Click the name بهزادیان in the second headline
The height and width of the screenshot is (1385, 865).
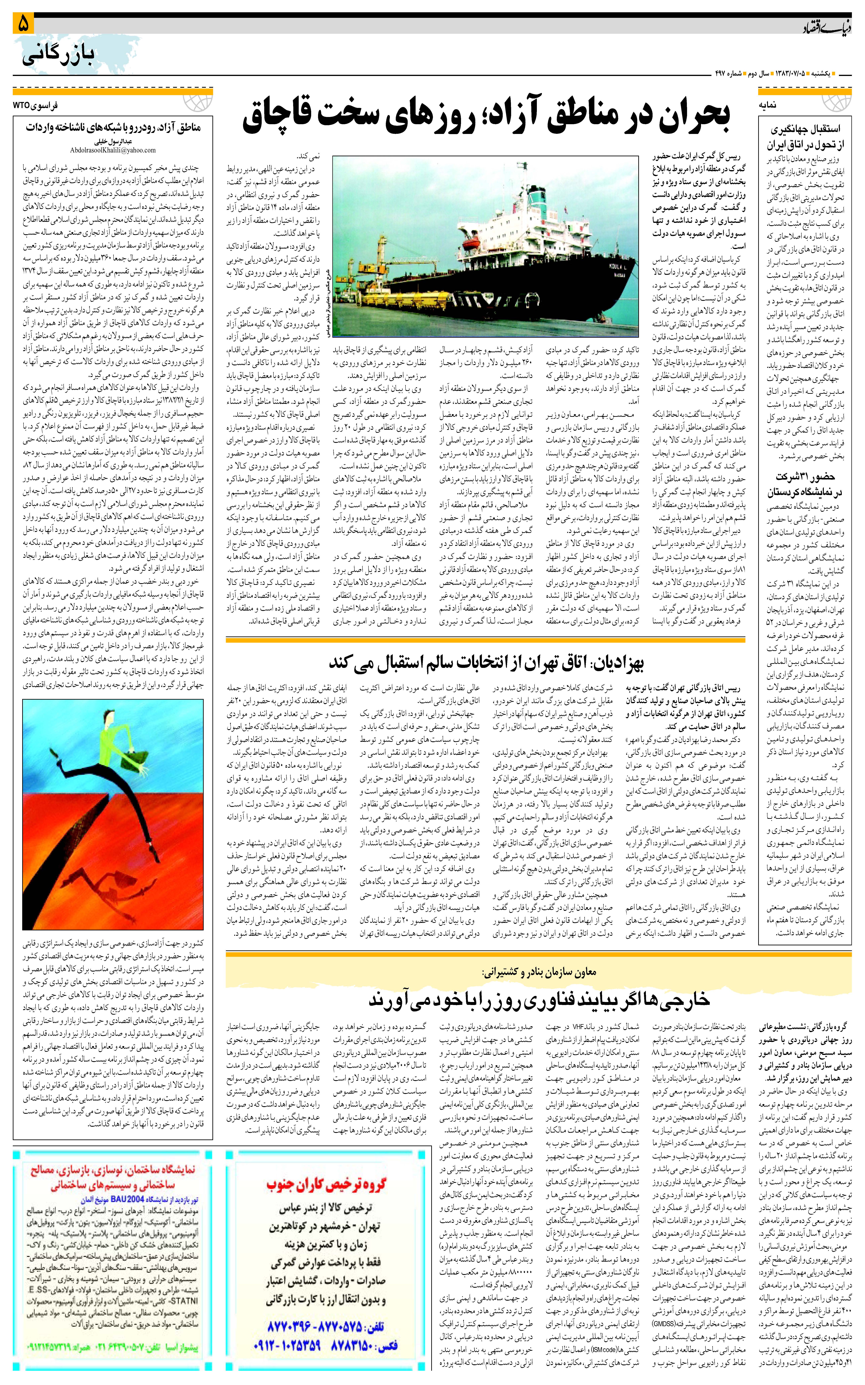(618, 663)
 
